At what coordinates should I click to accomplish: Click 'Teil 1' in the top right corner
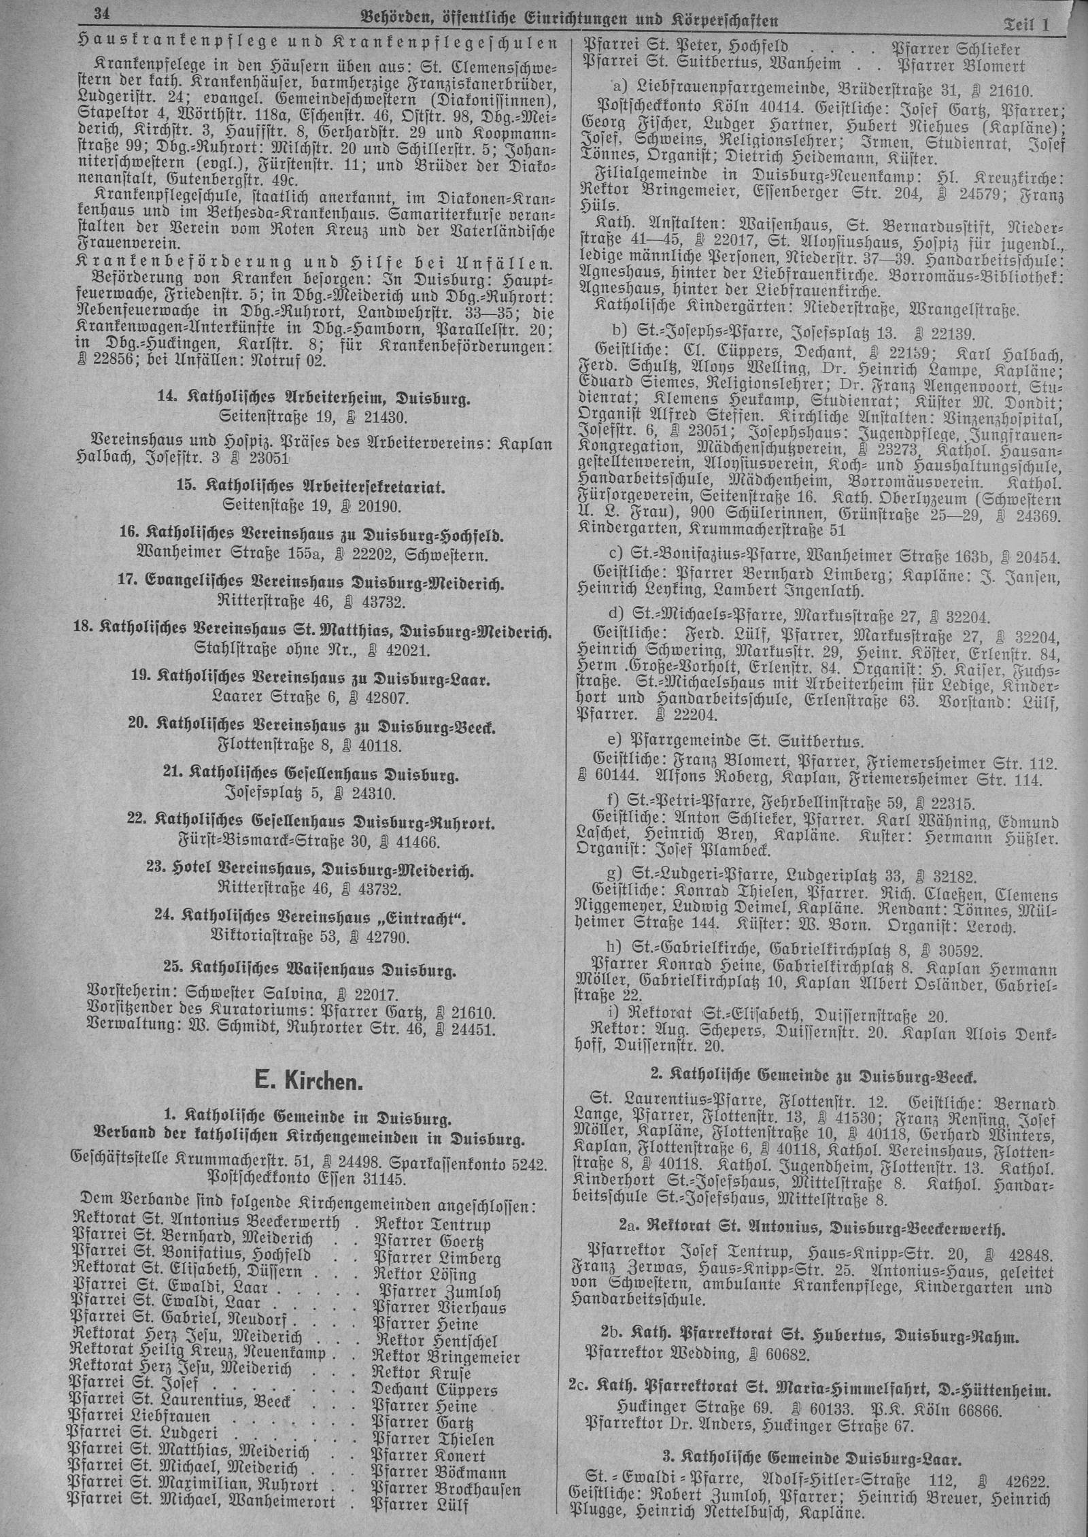coord(1027,25)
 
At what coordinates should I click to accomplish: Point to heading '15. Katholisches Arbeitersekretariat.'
coord(311,487)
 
